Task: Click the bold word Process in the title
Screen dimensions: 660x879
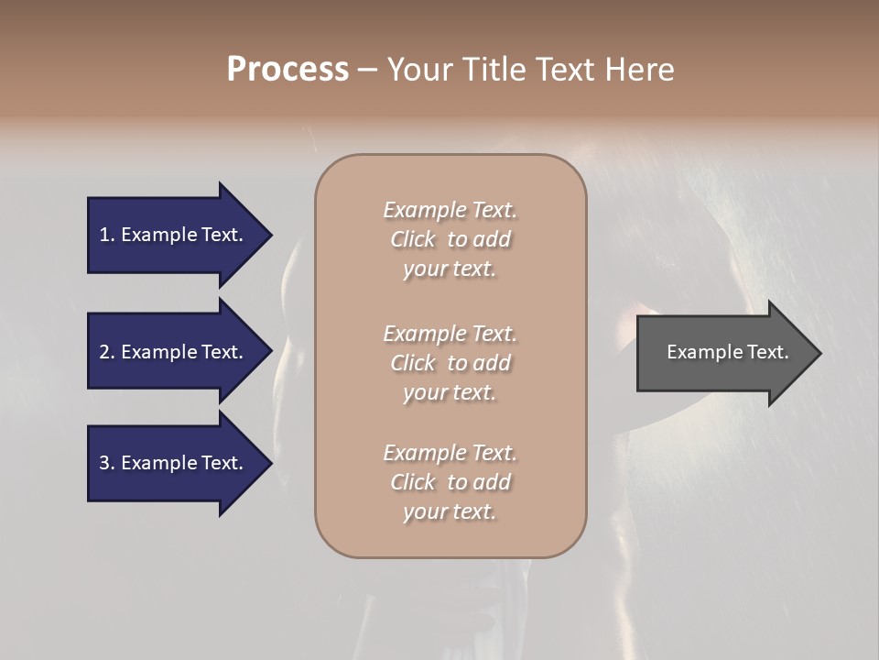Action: coord(288,70)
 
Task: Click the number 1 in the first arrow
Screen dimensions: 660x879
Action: coord(104,235)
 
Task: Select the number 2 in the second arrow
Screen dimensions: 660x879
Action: coord(104,352)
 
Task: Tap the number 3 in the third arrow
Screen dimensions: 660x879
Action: coord(104,463)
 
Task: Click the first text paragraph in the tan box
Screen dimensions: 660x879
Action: coord(450,239)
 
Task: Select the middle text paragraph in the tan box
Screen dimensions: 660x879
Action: coord(450,363)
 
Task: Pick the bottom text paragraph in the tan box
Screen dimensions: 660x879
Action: coord(450,482)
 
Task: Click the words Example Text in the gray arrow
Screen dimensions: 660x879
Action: coord(727,352)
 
